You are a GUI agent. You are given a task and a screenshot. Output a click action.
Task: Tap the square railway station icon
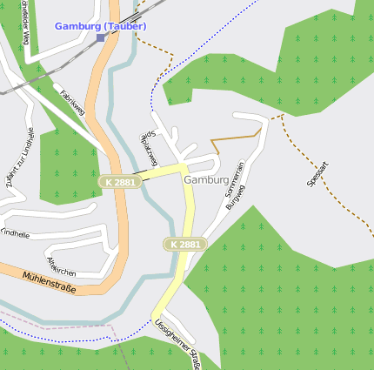100,37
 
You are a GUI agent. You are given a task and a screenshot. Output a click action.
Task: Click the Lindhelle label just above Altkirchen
15,234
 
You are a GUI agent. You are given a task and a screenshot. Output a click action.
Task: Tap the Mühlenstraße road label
49,282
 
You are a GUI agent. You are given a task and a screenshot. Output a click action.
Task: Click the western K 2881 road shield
118,182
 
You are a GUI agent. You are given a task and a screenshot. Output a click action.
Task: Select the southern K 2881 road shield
185,245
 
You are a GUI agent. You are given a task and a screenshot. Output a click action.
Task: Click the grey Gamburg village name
206,179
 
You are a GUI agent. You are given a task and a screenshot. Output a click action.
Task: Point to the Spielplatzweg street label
148,150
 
